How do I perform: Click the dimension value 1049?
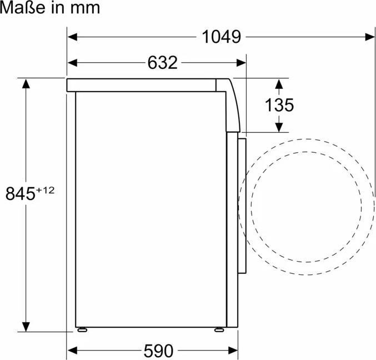(221, 37)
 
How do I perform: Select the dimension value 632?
(162, 63)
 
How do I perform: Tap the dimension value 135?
(279, 105)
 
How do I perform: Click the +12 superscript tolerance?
(46, 190)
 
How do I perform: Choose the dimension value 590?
(158, 351)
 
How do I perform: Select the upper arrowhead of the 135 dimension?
(279, 83)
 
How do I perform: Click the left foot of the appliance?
(83, 329)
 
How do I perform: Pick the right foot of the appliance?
(219, 329)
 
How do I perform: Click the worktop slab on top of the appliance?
(142, 85)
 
